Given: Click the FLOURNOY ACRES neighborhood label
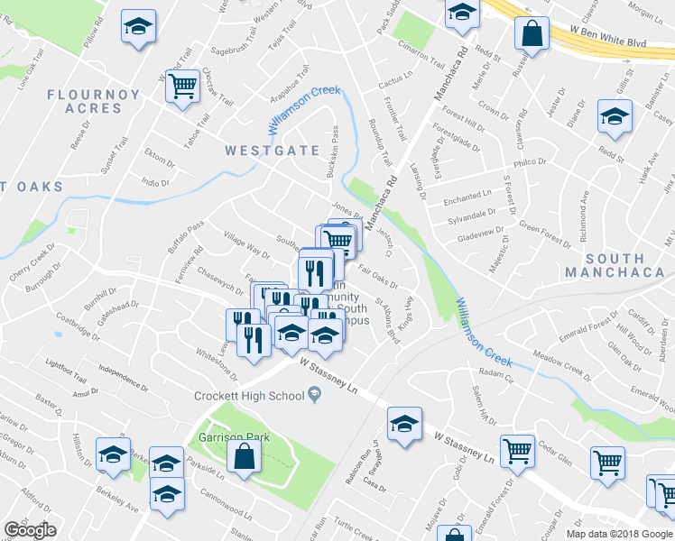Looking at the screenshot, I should tap(94, 101).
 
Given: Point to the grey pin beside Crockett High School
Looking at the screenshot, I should tap(314, 394).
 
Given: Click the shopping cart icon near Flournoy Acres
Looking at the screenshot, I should tap(182, 87).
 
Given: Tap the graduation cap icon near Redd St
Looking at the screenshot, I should tap(615, 119).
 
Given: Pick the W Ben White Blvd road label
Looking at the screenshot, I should tap(609, 41).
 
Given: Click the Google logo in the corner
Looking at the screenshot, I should tap(31, 530).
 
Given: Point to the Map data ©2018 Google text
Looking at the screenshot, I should tap(620, 534).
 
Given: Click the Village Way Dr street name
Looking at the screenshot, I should tap(247, 245).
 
